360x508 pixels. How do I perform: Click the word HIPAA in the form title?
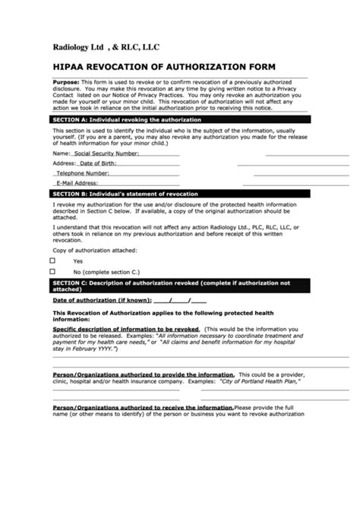[68, 67]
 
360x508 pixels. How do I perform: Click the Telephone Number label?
[87, 173]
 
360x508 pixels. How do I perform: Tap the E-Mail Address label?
[76, 183]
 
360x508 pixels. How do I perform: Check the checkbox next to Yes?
[53, 260]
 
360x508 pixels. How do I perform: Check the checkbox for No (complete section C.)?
[53, 271]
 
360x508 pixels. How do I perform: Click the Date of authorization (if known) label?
[100, 300]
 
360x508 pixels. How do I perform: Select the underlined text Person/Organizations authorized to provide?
[143, 375]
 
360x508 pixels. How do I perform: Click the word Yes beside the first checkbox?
[77, 260]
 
